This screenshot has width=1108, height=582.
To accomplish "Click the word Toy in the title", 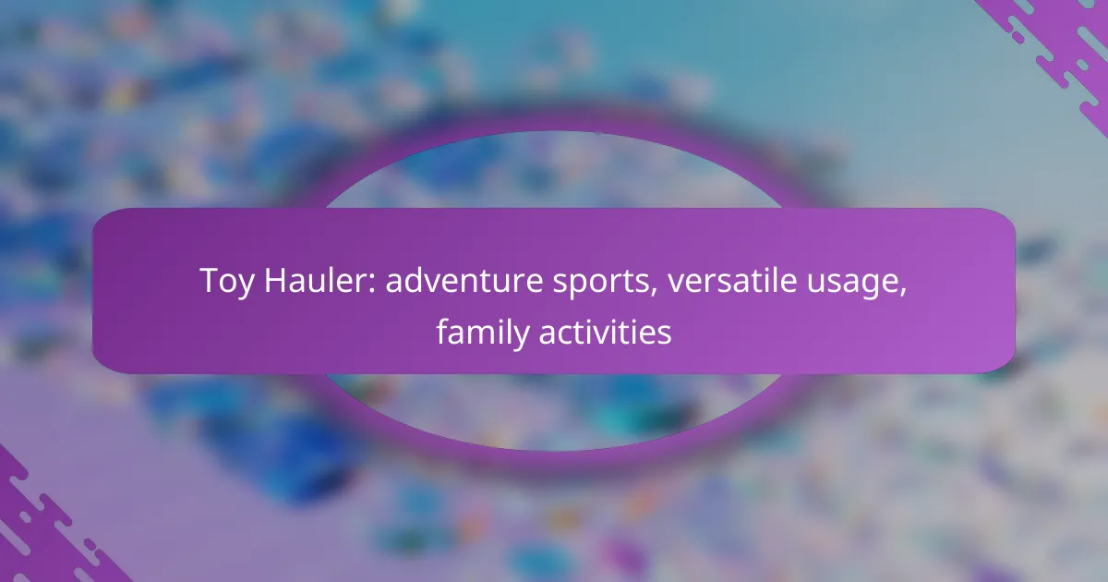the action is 227,282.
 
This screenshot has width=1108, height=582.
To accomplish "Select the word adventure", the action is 464,281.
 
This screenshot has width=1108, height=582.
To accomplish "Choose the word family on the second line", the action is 483,333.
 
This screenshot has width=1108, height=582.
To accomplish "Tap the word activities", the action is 605,332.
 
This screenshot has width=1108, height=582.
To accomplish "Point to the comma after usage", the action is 903,293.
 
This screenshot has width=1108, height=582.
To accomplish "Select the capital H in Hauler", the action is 276,281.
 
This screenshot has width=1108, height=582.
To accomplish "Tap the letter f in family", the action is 443,331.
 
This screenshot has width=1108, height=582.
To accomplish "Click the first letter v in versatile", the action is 677,285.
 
